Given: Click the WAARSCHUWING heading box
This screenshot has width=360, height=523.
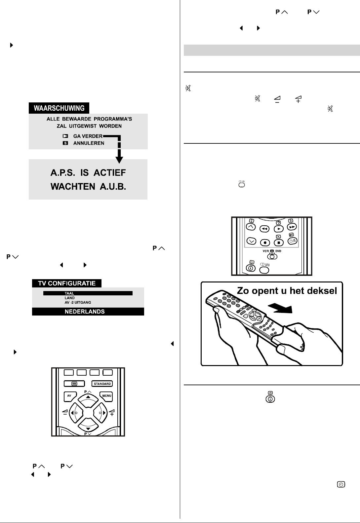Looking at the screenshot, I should click(x=59, y=108).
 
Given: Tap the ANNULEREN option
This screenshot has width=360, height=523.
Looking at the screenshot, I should click(x=89, y=143).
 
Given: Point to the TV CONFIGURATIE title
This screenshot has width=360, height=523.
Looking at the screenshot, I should click(x=67, y=283).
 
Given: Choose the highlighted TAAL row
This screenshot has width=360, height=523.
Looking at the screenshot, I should click(x=88, y=293).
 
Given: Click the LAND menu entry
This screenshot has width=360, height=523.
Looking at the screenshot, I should click(x=70, y=298).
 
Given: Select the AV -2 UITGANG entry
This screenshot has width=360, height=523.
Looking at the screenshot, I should click(x=78, y=302).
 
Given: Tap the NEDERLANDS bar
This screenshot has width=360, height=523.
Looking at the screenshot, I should click(x=88, y=311).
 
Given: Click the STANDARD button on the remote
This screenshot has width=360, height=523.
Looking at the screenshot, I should click(x=102, y=384).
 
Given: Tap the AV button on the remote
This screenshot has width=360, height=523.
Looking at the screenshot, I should click(x=70, y=396).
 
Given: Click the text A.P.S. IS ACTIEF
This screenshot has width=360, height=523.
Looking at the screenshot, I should click(x=88, y=172).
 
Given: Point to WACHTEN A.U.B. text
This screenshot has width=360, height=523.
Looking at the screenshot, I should click(x=88, y=187).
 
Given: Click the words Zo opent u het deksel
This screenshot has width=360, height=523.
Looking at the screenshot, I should click(x=287, y=291).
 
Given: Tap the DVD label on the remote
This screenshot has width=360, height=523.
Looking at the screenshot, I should click(x=278, y=251).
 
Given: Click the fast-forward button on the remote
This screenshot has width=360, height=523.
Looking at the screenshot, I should click(x=292, y=227).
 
